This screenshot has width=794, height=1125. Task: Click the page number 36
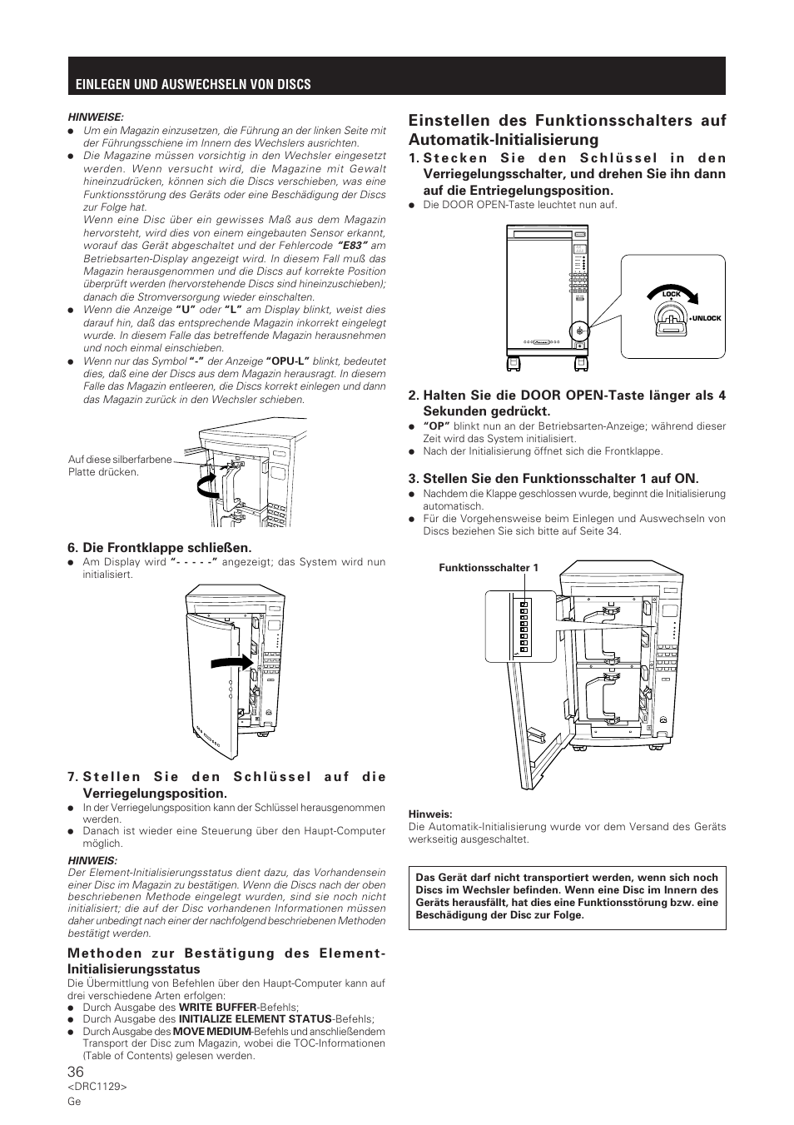(77, 1071)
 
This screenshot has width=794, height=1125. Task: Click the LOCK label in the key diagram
(671, 294)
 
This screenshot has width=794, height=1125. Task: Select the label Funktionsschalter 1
(489, 568)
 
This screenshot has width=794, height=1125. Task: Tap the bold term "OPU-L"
(287, 361)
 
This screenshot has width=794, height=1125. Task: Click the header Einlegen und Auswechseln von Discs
(193, 84)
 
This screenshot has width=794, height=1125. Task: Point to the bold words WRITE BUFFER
(217, 1007)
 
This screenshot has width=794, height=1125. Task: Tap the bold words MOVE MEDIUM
(212, 1031)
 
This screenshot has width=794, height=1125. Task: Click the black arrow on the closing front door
(231, 661)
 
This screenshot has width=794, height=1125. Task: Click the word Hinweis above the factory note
(429, 814)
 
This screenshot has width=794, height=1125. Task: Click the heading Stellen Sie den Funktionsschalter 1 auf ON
(553, 478)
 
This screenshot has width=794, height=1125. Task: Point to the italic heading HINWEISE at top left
(95, 117)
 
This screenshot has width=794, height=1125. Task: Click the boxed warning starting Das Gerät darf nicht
(567, 896)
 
